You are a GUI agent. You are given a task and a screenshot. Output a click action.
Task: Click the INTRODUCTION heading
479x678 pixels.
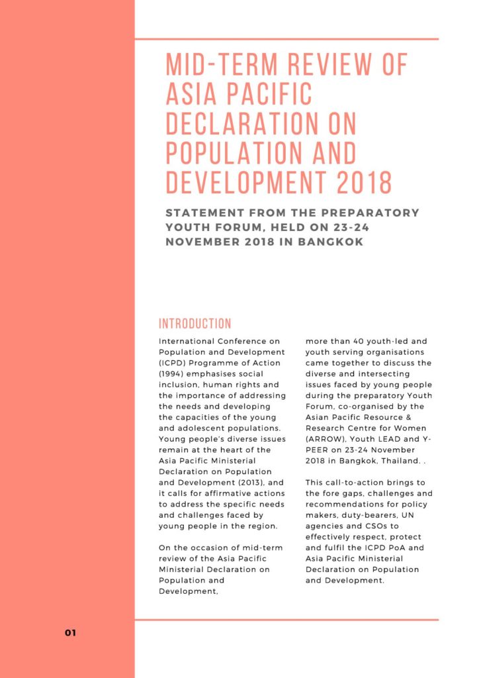tap(195, 324)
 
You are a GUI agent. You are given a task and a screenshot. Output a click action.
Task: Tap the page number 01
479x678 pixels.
tap(71, 633)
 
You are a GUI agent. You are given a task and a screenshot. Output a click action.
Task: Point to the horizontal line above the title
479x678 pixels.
tap(286, 39)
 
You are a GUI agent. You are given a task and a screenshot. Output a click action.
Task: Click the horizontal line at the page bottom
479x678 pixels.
tap(286, 620)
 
